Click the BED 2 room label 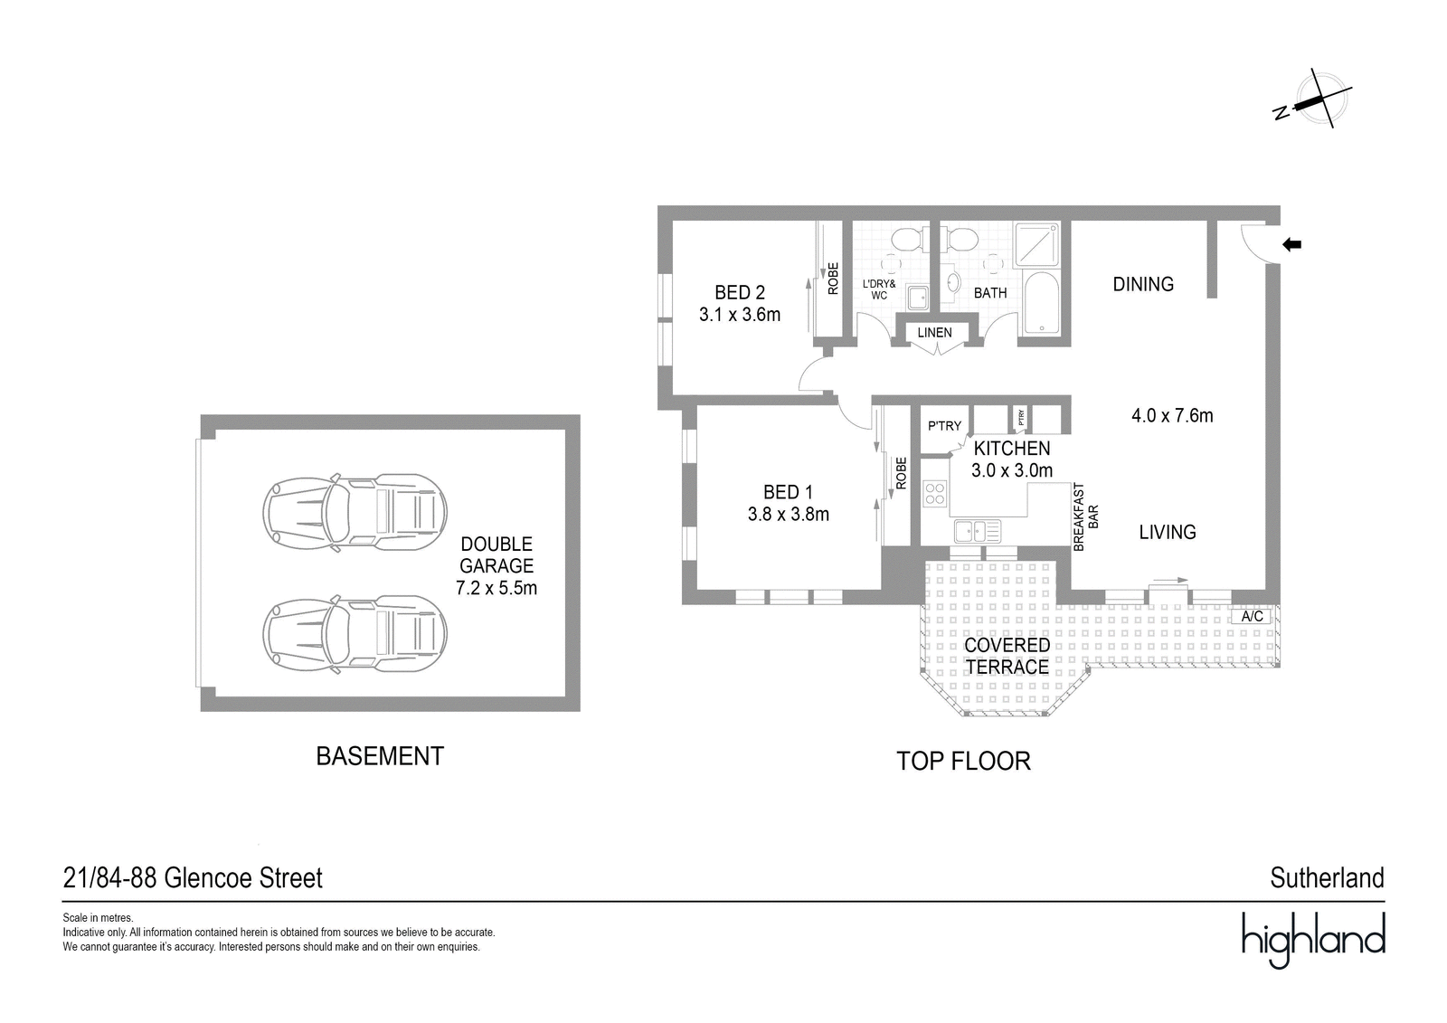click(740, 293)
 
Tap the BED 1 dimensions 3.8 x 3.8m click(788, 515)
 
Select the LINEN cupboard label click(934, 332)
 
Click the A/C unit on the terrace click(1252, 616)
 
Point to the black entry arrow click(1291, 244)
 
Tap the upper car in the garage click(355, 513)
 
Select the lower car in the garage click(355, 634)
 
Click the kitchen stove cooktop click(935, 494)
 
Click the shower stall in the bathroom click(1036, 245)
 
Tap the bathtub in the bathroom click(1041, 303)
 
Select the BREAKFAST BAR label click(1086, 517)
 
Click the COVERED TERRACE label click(1007, 656)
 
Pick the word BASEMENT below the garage click(380, 756)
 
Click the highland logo click(1314, 939)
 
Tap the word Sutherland click(1328, 878)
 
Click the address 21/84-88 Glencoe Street click(193, 878)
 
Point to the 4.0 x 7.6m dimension click(1172, 415)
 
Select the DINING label click(1143, 284)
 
